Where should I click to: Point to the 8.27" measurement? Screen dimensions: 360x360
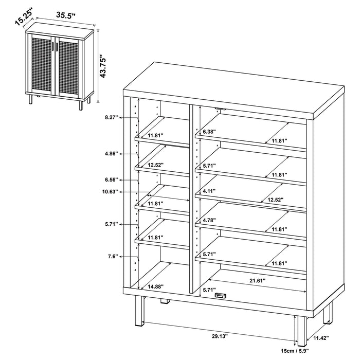pos(111,118)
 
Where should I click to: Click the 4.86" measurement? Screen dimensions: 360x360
pos(111,153)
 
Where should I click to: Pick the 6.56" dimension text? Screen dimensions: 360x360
pos(111,180)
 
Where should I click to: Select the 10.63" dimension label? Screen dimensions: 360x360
pos(110,191)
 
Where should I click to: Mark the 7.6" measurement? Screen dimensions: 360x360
pos(112,256)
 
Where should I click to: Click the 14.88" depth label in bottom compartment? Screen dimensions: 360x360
pos(156,287)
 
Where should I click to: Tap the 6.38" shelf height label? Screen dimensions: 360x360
pos(208,132)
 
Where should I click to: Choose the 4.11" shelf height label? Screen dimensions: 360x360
pos(208,191)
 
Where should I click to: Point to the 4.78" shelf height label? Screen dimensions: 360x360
pos(208,221)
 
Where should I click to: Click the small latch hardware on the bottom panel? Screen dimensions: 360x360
pos(222,296)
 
